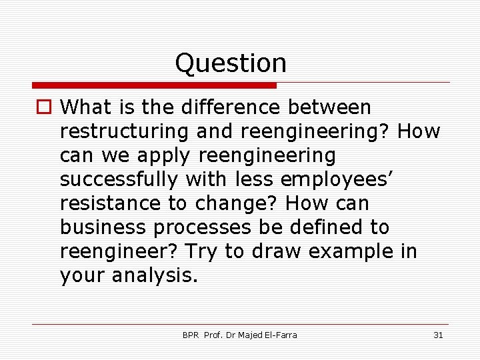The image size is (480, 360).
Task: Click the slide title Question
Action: coord(231,63)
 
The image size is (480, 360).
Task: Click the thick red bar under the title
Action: coord(154,85)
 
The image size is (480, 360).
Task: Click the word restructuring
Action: coord(125,131)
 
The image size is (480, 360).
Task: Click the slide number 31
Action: coord(438,335)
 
